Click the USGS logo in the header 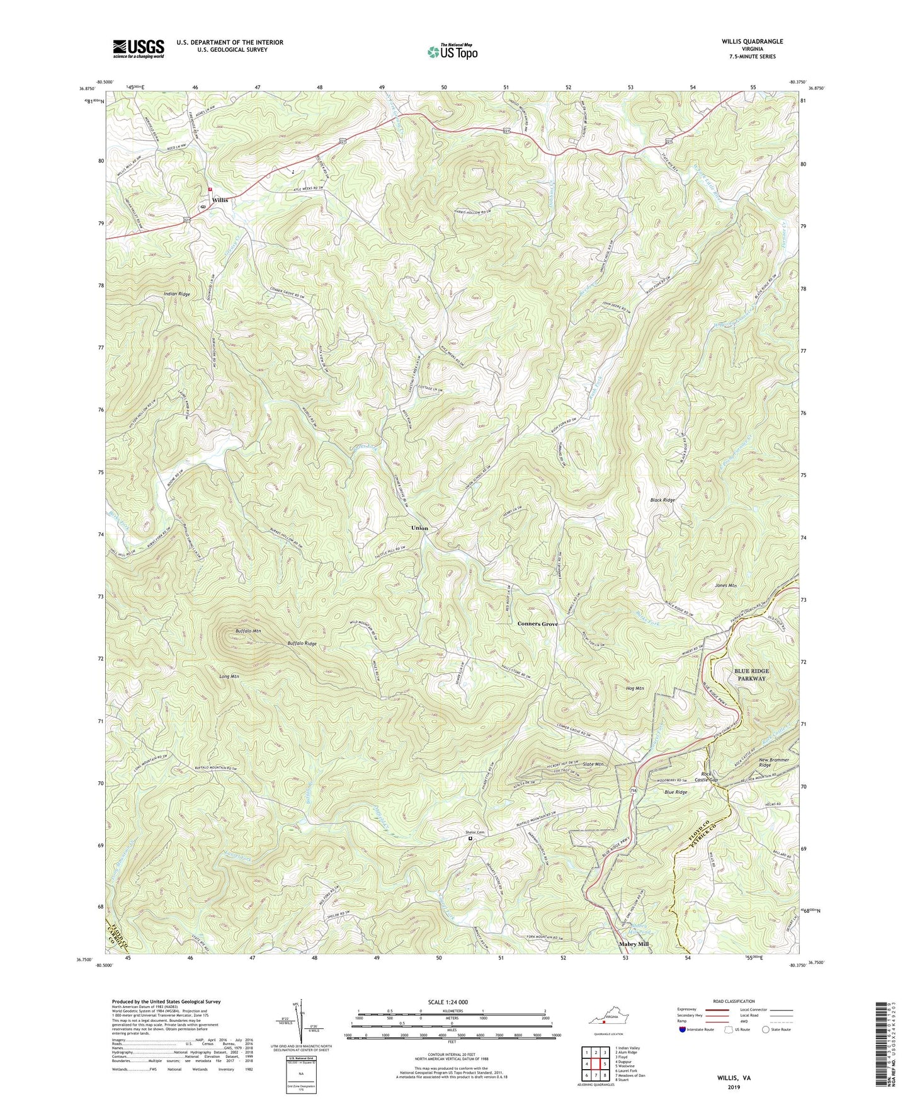coord(139,48)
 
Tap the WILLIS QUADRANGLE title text coord(752,42)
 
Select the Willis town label coord(220,200)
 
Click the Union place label coord(419,528)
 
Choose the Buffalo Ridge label coord(302,644)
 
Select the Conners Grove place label coord(537,624)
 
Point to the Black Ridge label coord(663,500)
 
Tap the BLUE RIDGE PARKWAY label coord(751,675)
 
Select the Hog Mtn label coord(635,689)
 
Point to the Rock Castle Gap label coord(706,777)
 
